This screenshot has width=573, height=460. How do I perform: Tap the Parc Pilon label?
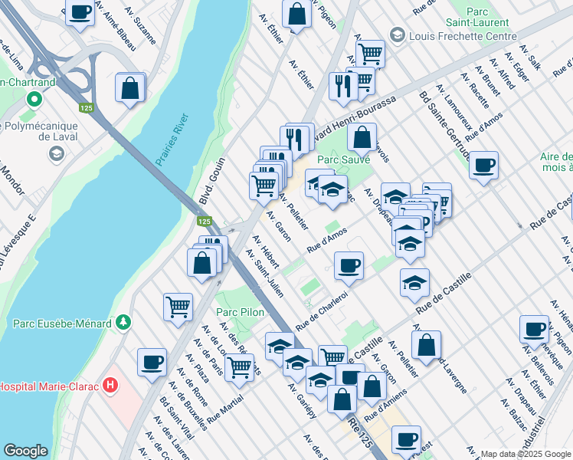pos(235,312)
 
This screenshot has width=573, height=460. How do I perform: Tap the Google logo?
pos(26,451)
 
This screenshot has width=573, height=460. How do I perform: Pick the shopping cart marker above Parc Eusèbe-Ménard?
pos(178,307)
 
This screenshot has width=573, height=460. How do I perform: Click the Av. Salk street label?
pos(530,58)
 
